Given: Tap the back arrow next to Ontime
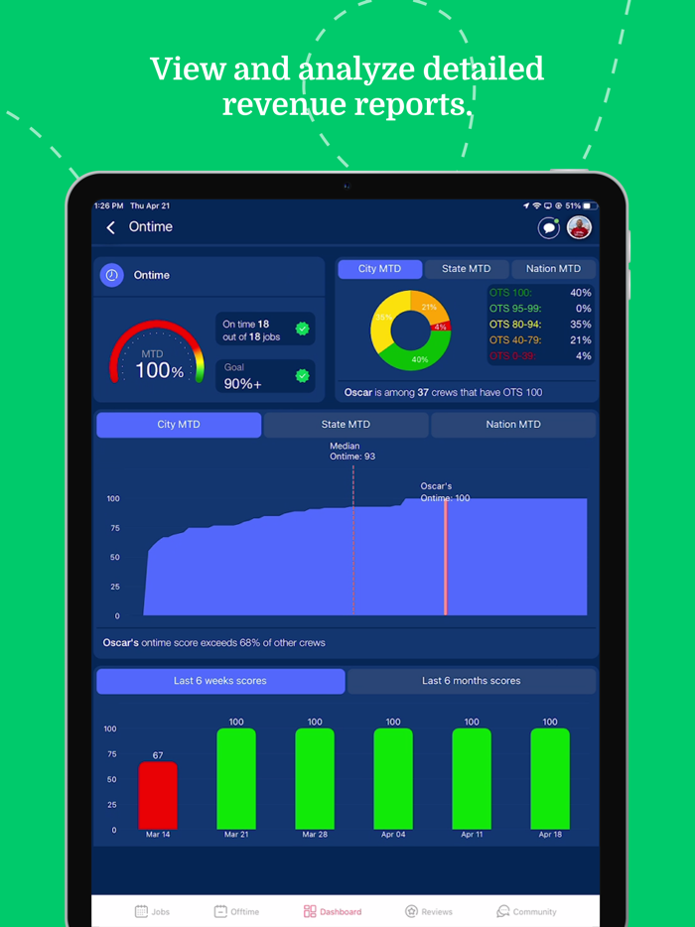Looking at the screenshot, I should (111, 227).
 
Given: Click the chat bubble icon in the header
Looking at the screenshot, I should (548, 228).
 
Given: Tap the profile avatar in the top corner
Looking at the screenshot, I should (580, 228).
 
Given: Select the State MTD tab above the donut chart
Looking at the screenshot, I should (466, 269).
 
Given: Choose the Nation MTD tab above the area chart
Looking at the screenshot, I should (513, 425).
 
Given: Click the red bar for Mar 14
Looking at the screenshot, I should (158, 795).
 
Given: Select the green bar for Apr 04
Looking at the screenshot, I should (393, 779).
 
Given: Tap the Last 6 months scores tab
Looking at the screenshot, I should (471, 681).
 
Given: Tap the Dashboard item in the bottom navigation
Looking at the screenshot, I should (333, 911).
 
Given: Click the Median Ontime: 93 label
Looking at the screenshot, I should (352, 452).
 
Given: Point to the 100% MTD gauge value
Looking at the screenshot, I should (159, 371).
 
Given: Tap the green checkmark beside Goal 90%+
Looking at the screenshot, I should (302, 376).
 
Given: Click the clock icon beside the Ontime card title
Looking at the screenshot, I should (112, 275).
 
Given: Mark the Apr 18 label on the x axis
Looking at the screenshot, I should (549, 836).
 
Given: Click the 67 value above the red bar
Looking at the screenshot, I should (158, 755).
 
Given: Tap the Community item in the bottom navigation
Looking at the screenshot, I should (527, 911).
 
